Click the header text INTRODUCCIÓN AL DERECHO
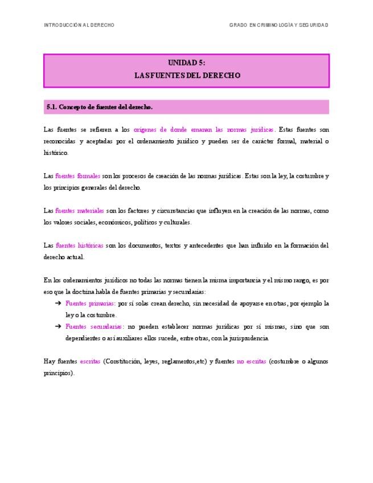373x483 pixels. tap(79, 25)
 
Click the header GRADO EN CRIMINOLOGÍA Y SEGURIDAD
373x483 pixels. tap(278, 25)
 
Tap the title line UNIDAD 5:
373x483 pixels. tap(186, 63)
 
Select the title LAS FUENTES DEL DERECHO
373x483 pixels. tap(186, 75)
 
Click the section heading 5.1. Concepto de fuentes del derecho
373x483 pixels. tap(100, 107)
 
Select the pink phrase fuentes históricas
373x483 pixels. tap(79, 245)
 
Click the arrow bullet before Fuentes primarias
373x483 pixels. tap(58, 304)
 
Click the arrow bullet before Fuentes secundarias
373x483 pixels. tap(58, 327)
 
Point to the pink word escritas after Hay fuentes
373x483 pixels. tap(90, 362)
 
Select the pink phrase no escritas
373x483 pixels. tap(251, 362)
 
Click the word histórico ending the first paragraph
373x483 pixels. tap(55, 153)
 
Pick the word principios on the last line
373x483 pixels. tap(57, 373)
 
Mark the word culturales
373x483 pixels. tap(177, 222)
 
